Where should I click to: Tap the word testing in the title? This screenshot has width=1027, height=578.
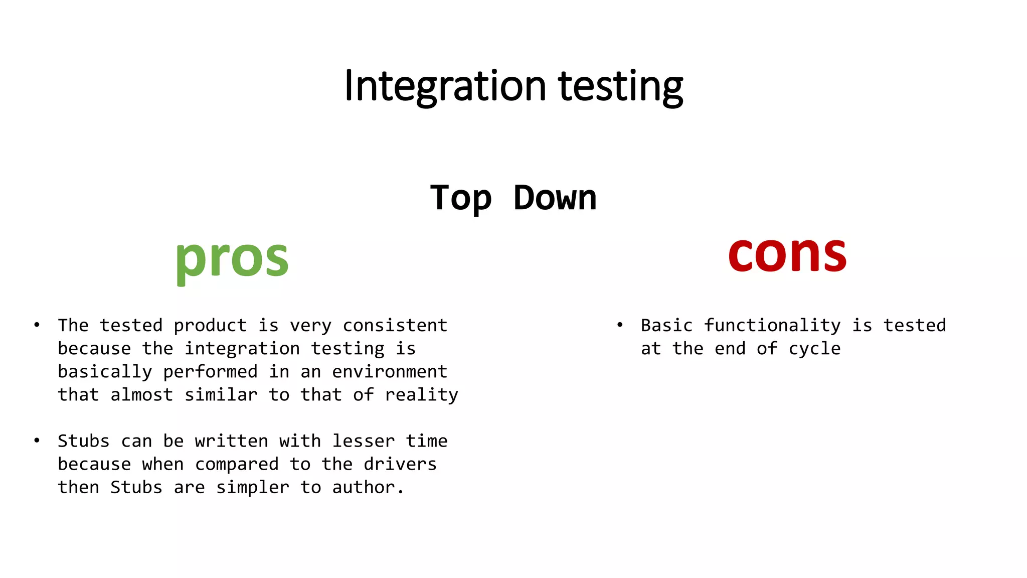click(620, 86)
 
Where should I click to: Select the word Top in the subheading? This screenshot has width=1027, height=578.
click(460, 198)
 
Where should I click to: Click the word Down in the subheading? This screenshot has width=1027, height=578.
click(555, 198)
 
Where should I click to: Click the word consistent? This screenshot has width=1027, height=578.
click(395, 325)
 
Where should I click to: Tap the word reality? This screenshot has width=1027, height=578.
click(421, 395)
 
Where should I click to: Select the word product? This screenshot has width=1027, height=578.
click(210, 325)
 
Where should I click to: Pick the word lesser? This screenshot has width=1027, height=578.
click(363, 441)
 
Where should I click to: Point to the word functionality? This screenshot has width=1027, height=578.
click(772, 325)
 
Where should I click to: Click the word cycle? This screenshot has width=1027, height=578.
click(814, 349)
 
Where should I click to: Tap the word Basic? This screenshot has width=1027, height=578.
click(666, 325)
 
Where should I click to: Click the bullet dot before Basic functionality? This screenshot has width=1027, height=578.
click(620, 325)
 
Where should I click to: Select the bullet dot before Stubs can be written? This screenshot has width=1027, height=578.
click(37, 441)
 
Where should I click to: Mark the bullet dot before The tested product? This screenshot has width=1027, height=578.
click(37, 325)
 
